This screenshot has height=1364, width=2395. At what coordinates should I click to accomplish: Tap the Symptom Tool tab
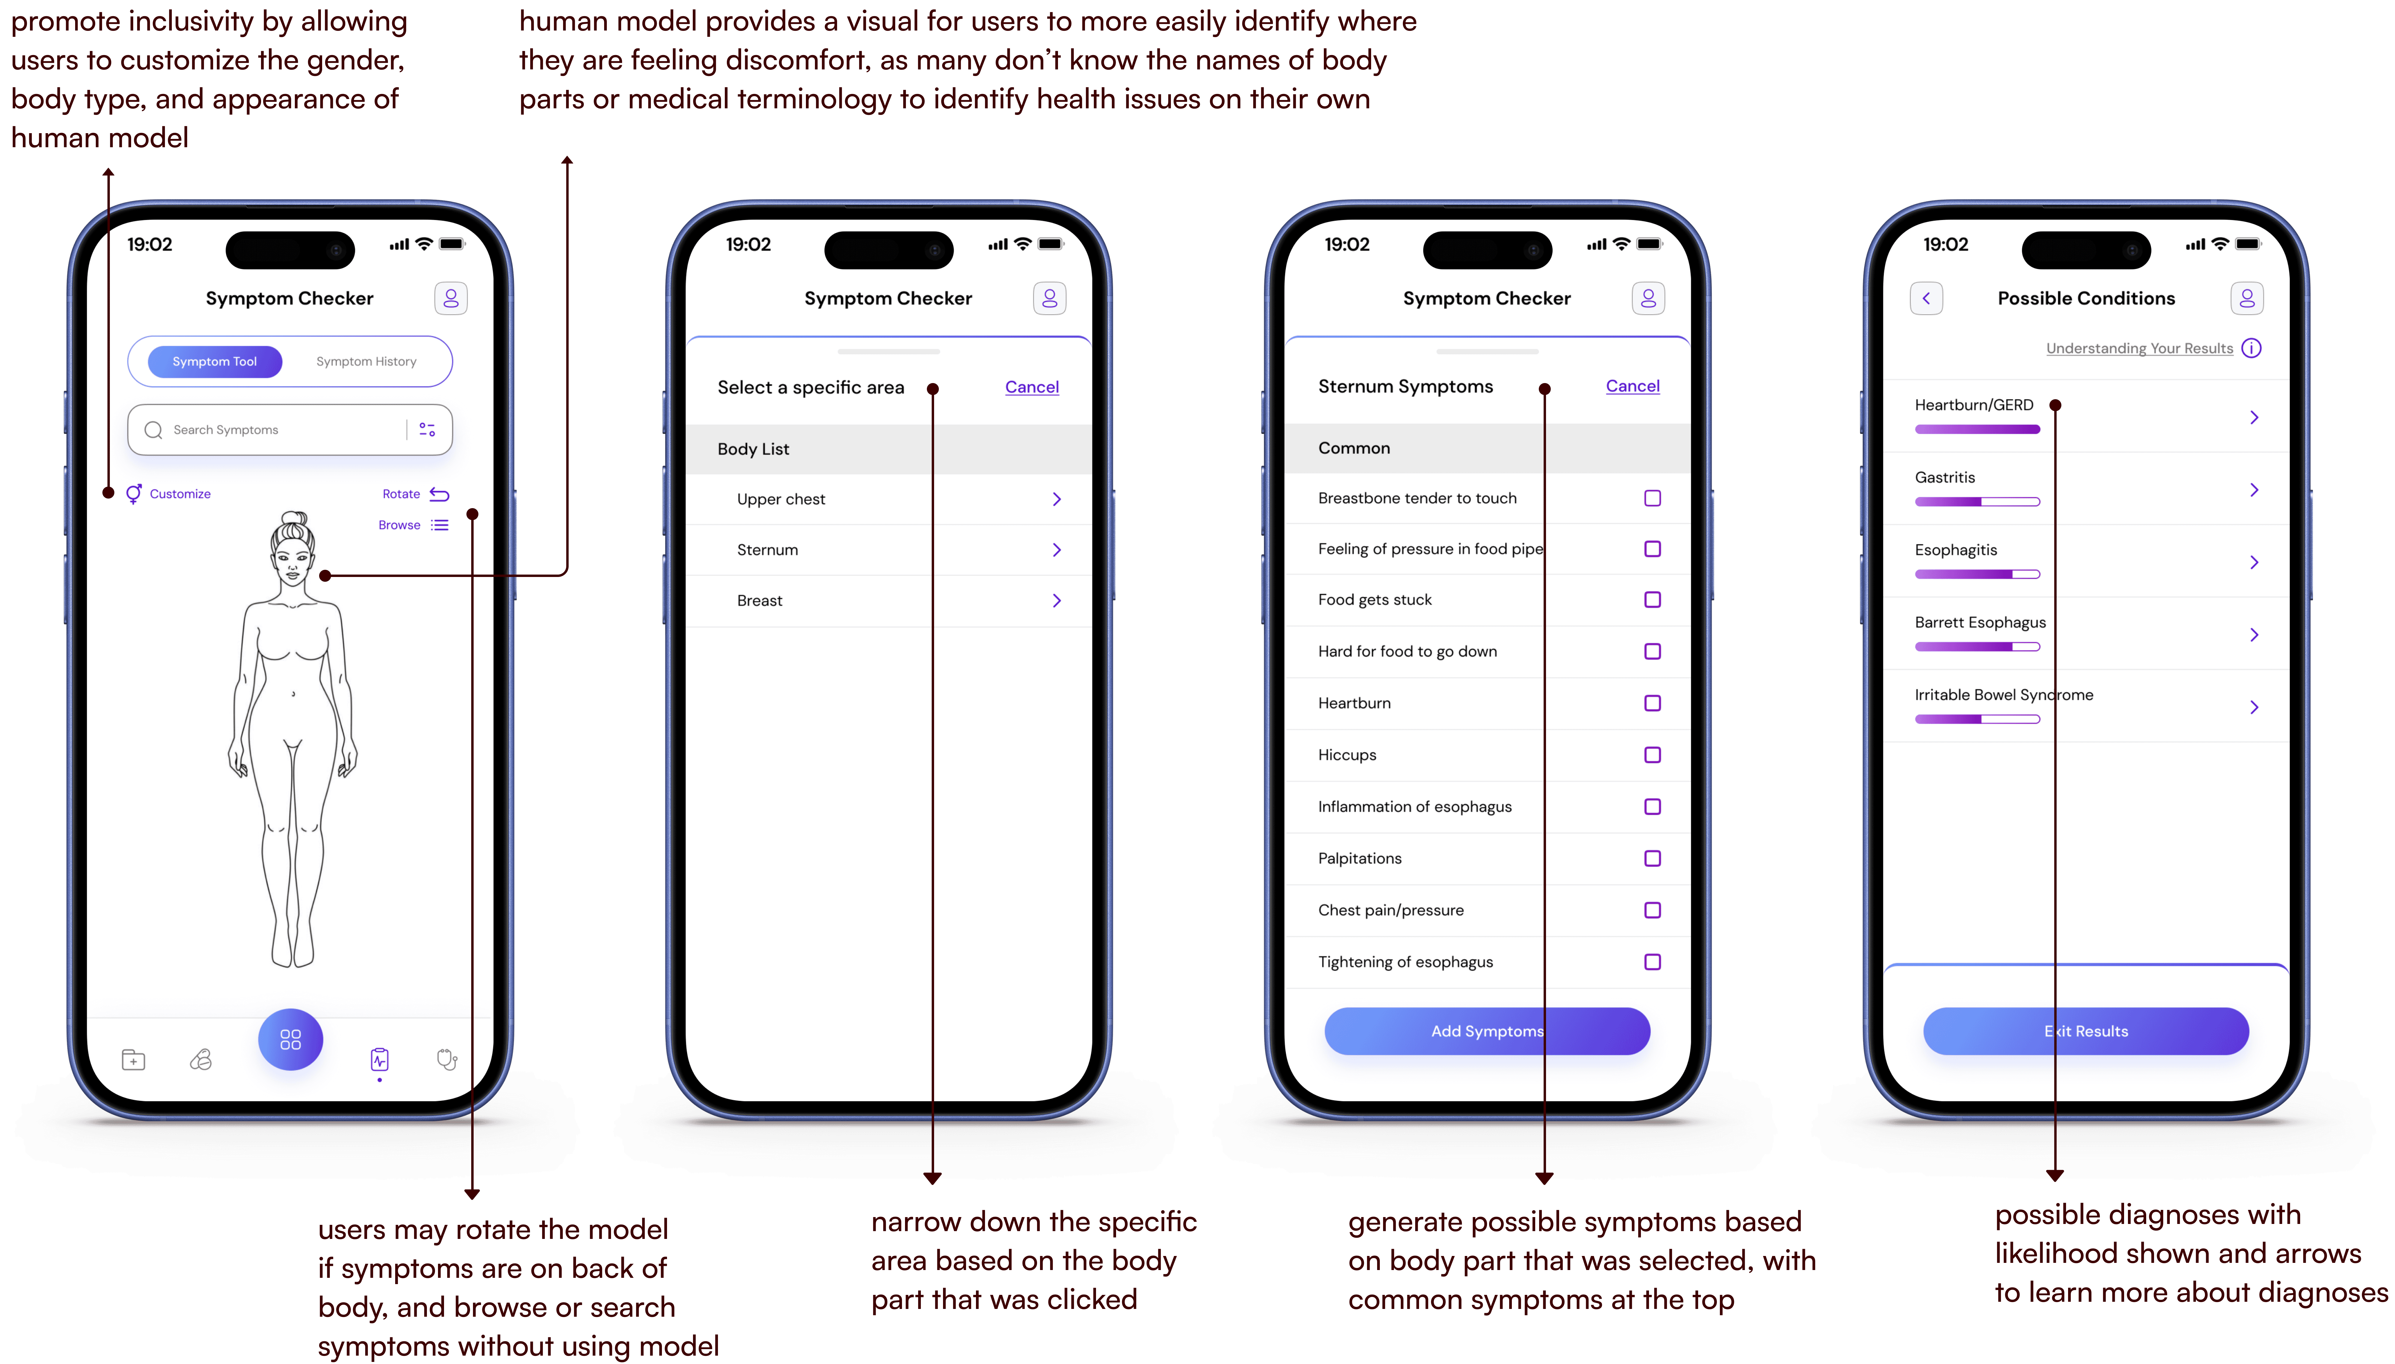pos(215,361)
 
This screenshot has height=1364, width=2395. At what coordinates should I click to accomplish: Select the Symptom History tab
pos(366,361)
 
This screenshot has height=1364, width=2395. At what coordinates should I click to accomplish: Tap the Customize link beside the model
pos(180,494)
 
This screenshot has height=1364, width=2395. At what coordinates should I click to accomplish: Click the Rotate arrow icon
pos(439,494)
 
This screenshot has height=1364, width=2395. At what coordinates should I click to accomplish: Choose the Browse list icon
pos(439,525)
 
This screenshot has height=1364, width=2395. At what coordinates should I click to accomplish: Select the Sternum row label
pos(767,550)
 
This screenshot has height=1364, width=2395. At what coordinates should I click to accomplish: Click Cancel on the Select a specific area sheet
pos(1032,387)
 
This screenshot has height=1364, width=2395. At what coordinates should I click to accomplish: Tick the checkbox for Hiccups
pos(1652,755)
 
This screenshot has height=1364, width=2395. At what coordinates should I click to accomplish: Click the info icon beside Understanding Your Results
pos(2252,349)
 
